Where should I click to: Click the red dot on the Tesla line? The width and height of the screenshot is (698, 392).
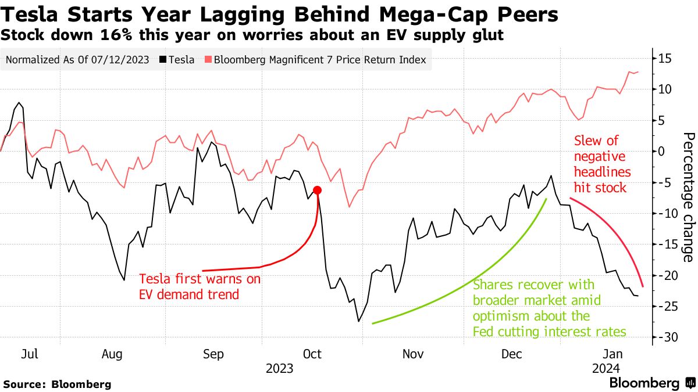[x=317, y=190]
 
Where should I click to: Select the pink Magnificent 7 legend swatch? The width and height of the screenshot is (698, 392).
[x=208, y=60]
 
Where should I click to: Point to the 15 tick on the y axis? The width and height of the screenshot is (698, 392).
[x=665, y=57]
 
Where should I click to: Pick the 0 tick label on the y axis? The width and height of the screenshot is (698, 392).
[x=662, y=151]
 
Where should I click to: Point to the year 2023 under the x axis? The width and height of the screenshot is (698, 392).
[x=280, y=368]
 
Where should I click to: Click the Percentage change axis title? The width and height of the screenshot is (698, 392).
[x=688, y=197]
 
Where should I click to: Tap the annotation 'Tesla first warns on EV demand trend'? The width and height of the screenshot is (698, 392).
[x=200, y=287]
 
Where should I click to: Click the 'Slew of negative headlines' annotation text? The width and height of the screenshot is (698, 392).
[x=600, y=164]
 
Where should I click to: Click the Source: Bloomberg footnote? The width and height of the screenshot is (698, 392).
[x=57, y=384]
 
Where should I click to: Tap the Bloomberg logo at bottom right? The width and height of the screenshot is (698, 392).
[x=651, y=383]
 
